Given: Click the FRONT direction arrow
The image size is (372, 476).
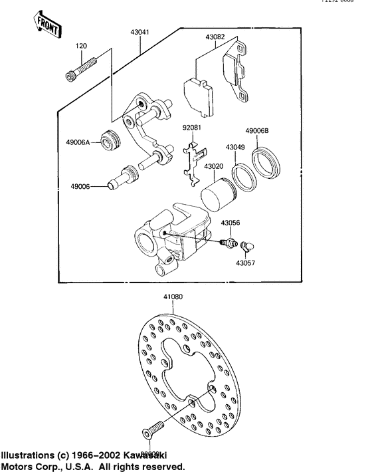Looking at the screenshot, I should [x=47, y=25].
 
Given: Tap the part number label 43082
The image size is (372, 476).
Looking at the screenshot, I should [x=215, y=38].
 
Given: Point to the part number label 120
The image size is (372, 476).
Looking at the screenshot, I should [x=80, y=47].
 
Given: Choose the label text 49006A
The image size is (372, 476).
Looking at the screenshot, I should [x=79, y=141].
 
